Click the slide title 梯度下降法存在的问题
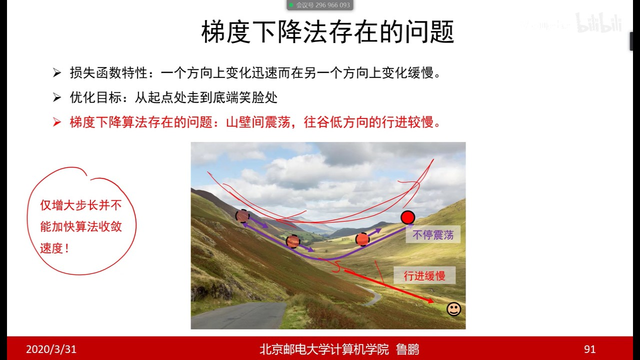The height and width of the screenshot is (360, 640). pyautogui.click(x=327, y=32)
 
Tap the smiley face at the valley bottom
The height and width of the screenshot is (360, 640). pyautogui.click(x=453, y=309)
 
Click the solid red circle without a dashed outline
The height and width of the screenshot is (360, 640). pyautogui.click(x=408, y=217)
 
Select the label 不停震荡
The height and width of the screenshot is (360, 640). pyautogui.click(x=433, y=234)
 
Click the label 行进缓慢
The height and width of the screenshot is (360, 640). pyautogui.click(x=424, y=275)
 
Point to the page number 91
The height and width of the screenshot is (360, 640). pyautogui.click(x=589, y=349)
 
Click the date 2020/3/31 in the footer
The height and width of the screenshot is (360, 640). pyautogui.click(x=51, y=349)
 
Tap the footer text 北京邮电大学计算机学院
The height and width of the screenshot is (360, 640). pyautogui.click(x=324, y=349)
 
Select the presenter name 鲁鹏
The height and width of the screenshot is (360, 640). pyautogui.click(x=407, y=349)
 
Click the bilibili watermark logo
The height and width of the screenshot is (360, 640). pyautogui.click(x=599, y=23)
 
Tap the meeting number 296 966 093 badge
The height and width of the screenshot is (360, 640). pyautogui.click(x=320, y=5)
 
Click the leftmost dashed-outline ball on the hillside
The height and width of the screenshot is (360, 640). pyautogui.click(x=242, y=215)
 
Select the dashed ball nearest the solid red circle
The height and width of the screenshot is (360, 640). pyautogui.click(x=362, y=239)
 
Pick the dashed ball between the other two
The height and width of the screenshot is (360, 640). pyautogui.click(x=293, y=241)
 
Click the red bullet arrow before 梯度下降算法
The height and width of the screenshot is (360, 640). pyautogui.click(x=57, y=122)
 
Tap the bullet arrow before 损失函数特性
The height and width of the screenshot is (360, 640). pyautogui.click(x=57, y=73)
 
